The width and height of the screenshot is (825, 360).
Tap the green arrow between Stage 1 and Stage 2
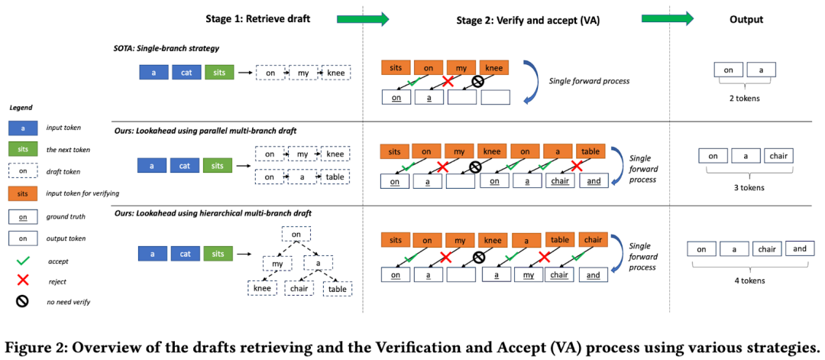coord(363,19)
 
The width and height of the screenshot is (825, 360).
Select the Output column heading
coord(746,19)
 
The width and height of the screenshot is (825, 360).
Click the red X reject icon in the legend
coord(23,281)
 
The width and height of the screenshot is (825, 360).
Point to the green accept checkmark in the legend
coord(23,261)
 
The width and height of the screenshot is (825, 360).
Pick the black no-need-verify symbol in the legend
coord(23,302)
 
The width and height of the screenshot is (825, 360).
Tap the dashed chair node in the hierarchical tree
coord(299,288)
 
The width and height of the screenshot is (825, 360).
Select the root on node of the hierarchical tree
coord(296,234)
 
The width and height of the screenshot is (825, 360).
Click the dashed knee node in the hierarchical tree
coord(263,288)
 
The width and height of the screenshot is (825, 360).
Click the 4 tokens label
coord(750,281)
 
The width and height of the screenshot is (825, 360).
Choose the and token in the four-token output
coord(799,249)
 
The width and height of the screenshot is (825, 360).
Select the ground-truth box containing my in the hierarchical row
coord(529,274)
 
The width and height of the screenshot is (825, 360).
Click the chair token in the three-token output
coord(778,157)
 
